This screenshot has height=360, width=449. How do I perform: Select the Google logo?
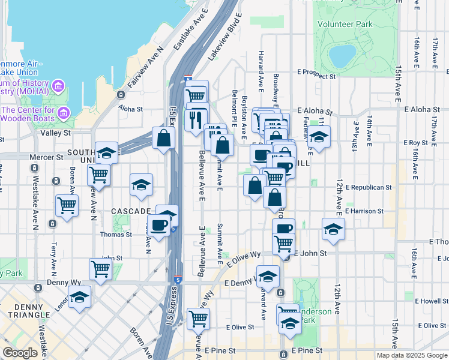20,353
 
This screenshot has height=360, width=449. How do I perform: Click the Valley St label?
55,133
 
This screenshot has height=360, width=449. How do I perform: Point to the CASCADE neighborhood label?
131,211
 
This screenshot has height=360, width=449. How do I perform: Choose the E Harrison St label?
364,211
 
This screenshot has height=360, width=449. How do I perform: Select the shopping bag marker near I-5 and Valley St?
163,138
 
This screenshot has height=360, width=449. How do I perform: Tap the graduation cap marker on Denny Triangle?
79,297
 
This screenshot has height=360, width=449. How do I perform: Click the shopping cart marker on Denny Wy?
100,269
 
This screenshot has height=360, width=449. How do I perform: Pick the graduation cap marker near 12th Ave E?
334,229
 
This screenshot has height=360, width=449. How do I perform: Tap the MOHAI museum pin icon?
59,86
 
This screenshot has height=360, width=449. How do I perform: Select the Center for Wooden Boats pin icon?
65,112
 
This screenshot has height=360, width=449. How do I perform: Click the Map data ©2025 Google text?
412,355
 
